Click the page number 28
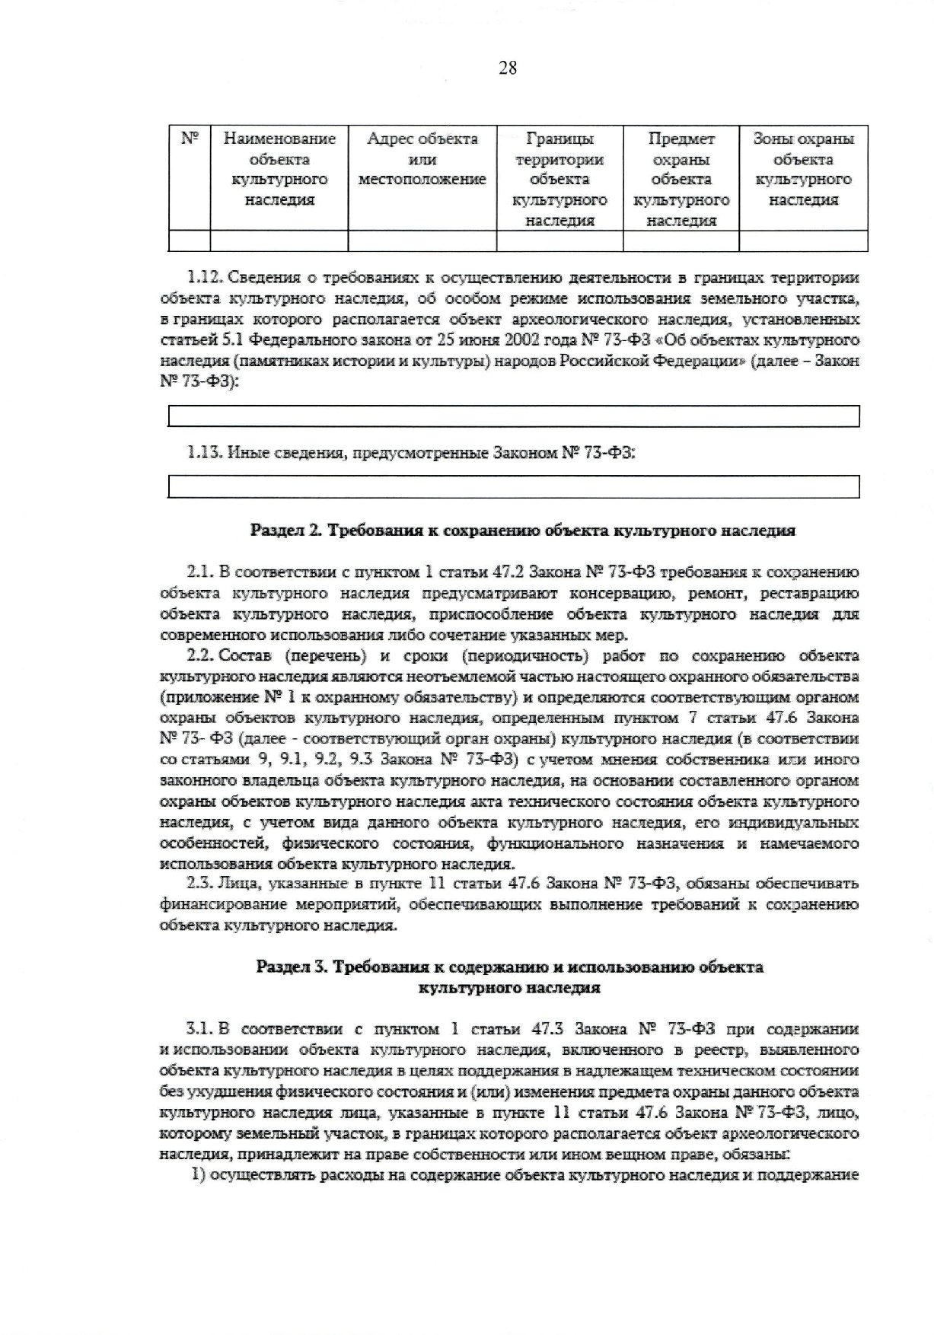(x=508, y=69)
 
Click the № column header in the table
(x=190, y=139)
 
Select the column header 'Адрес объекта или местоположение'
(x=422, y=159)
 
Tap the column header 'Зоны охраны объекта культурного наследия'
(x=803, y=169)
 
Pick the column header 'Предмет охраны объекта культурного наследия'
(x=681, y=180)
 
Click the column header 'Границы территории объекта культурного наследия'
(x=559, y=180)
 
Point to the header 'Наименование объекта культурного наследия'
(x=279, y=169)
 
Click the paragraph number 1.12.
(x=205, y=277)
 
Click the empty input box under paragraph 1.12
(x=513, y=416)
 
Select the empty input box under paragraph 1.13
(x=513, y=486)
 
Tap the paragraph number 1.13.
(x=205, y=453)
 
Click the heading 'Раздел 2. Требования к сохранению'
(x=522, y=530)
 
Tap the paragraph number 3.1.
(x=199, y=1030)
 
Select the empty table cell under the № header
(x=190, y=241)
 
